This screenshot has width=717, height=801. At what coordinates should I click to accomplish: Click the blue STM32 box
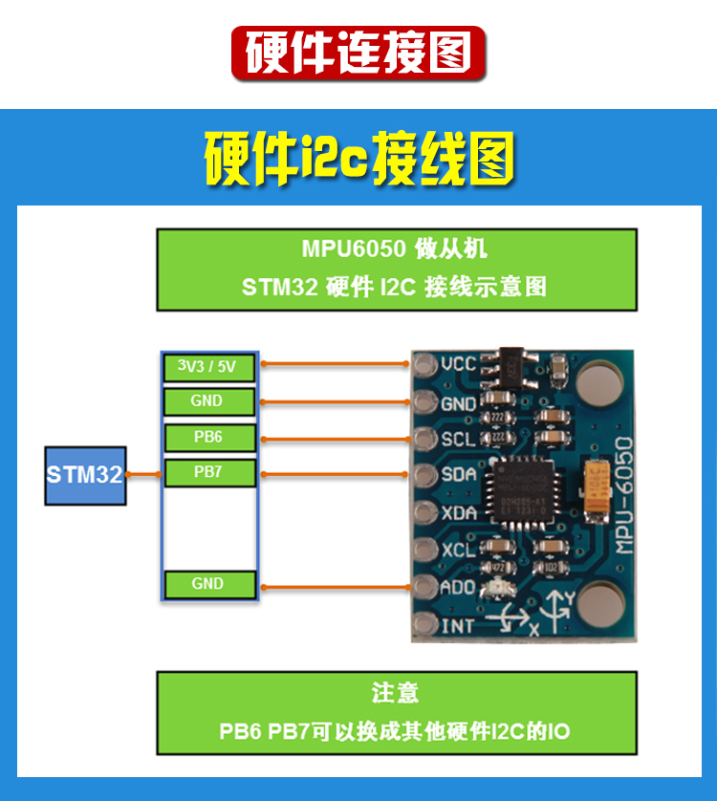[x=85, y=474]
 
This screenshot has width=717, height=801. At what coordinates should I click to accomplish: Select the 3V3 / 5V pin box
[x=207, y=366]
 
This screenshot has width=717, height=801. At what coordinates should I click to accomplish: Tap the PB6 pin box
[x=207, y=438]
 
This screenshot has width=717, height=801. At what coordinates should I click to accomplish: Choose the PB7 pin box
[x=207, y=472]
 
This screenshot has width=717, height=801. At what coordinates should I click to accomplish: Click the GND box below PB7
[x=207, y=584]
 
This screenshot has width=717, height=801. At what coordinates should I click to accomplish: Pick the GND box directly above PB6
[x=207, y=401]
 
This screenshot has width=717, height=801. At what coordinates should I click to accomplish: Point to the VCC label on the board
[x=459, y=364]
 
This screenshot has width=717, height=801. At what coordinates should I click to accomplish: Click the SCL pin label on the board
[x=459, y=439]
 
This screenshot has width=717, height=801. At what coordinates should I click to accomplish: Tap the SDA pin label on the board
[x=459, y=475]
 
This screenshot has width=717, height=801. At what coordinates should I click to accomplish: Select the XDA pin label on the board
[x=459, y=513]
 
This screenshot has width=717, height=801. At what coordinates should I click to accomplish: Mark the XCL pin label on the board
[x=459, y=551]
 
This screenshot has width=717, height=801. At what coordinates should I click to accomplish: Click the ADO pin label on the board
[x=459, y=587]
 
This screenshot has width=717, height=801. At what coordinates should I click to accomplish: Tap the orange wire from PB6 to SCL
[x=335, y=439]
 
